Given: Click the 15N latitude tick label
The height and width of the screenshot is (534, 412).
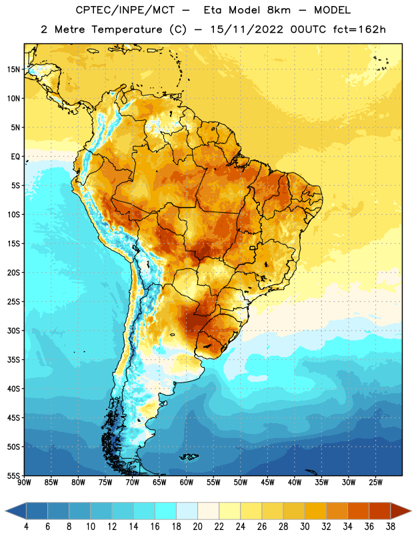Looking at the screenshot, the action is pyautogui.click(x=13, y=69).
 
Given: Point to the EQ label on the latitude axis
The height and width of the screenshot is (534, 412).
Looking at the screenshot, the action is pyautogui.click(x=15, y=157).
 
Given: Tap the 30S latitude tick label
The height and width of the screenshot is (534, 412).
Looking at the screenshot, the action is pyautogui.click(x=13, y=330).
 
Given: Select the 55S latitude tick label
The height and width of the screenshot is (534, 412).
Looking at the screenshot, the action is pyautogui.click(x=13, y=476).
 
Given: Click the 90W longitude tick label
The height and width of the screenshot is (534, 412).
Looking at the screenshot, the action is pyautogui.click(x=24, y=483).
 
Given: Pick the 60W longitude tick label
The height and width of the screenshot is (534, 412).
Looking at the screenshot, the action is pyautogui.click(x=187, y=483).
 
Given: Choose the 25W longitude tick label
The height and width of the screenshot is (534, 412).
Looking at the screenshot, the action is pyautogui.click(x=375, y=483).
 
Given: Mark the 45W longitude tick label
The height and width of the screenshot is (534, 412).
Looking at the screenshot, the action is pyautogui.click(x=267, y=483).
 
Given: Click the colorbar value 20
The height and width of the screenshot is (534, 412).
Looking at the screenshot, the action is pyautogui.click(x=197, y=527).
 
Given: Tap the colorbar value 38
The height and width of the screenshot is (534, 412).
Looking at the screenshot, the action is pyautogui.click(x=390, y=527).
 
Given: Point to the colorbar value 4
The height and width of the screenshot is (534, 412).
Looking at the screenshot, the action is pyautogui.click(x=26, y=527).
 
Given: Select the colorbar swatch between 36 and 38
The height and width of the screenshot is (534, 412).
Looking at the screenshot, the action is pyautogui.click(x=380, y=511).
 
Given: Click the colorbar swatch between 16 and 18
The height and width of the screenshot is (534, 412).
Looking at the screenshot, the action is pyautogui.click(x=166, y=511).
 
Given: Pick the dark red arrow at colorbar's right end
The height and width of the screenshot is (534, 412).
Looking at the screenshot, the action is pyautogui.click(x=401, y=511).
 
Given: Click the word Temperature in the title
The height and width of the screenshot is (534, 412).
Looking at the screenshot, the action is pyautogui.click(x=127, y=29).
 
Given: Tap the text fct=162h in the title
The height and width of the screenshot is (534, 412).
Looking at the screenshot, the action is pyautogui.click(x=359, y=29).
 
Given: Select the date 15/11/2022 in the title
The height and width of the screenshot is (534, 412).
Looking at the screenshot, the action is pyautogui.click(x=246, y=29).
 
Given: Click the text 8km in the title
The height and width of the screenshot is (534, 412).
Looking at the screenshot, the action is pyautogui.click(x=279, y=10).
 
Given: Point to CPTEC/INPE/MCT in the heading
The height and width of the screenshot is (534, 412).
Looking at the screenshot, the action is pyautogui.click(x=125, y=10).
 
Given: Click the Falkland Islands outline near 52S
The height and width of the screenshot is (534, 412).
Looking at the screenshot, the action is pyautogui.click(x=189, y=457).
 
